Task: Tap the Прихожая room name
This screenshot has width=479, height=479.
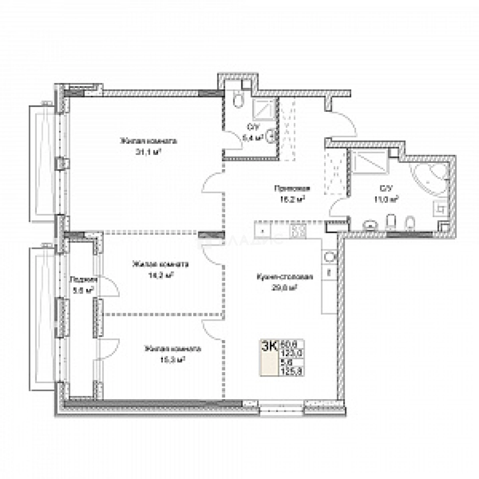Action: pos(291,188)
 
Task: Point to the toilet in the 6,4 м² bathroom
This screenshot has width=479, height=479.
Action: pos(238,100)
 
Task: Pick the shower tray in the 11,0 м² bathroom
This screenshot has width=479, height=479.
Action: pos(369,162)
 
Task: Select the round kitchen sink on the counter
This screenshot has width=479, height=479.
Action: pos(329,257)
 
